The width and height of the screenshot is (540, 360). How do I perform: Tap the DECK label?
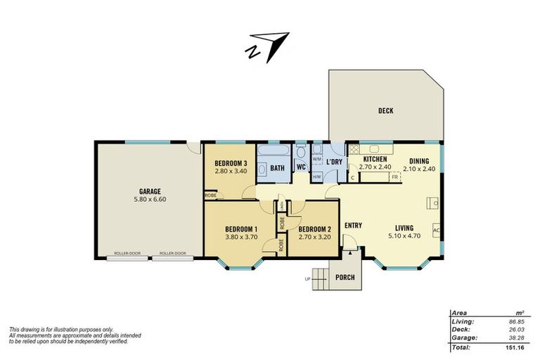coord(385,110)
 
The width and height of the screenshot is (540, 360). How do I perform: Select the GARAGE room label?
coord(150,191)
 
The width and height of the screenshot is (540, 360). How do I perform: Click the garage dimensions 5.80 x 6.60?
coord(150,200)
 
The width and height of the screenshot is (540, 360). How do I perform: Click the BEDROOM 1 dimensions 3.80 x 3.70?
coord(241,238)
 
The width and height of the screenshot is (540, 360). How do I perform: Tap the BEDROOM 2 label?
coord(314,229)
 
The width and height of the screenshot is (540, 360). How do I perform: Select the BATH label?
coord(277,168)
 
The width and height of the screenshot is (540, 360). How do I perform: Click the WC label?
coord(300,167)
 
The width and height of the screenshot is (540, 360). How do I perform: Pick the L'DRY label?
coord(334,162)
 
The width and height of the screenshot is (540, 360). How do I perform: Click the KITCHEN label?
coord(375,160)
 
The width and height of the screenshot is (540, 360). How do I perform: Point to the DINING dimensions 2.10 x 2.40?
coord(420,168)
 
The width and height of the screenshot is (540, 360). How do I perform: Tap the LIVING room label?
coord(404,227)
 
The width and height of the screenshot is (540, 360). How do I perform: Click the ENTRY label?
coord(353,226)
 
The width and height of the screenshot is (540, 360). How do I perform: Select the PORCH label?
coord(345,276)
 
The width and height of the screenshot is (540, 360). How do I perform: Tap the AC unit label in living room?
coord(435,230)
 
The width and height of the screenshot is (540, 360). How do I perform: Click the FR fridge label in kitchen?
coord(395,177)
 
